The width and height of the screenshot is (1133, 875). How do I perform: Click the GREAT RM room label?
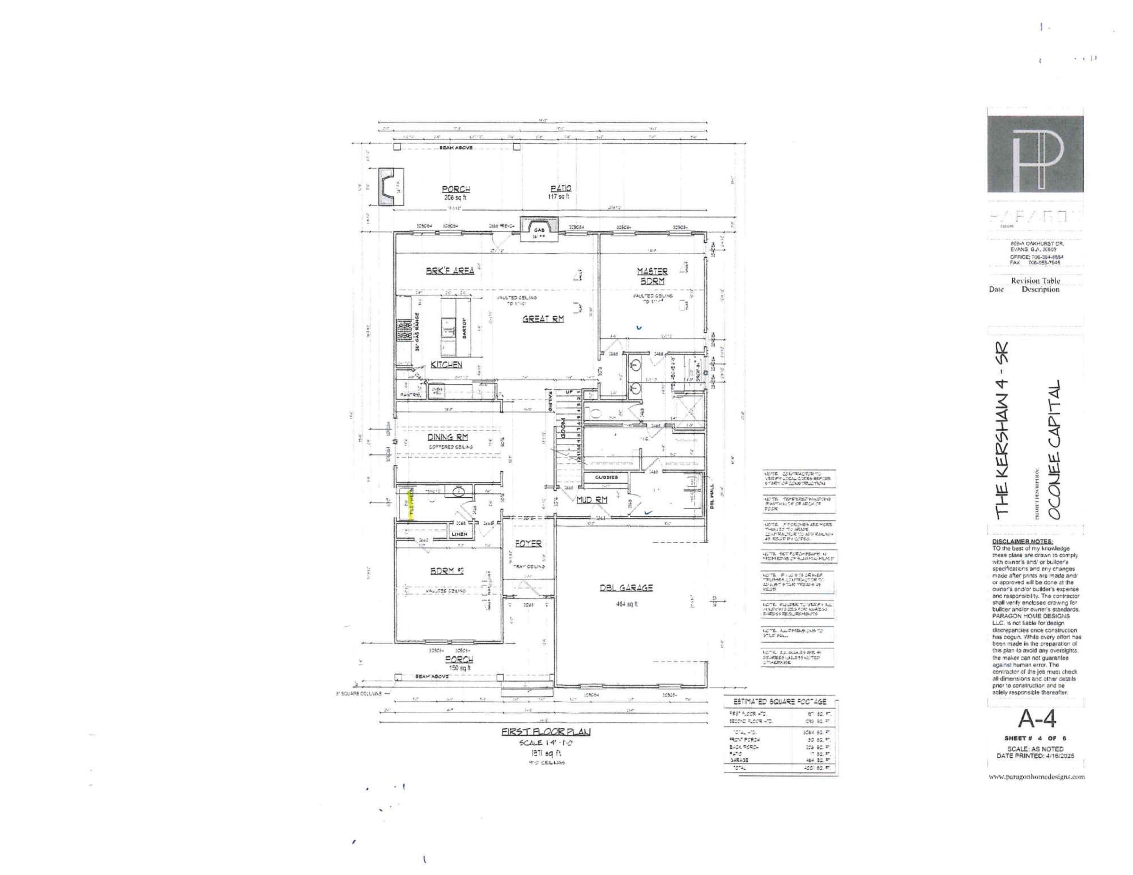(x=543, y=319)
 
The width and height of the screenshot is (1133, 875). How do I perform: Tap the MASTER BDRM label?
(x=652, y=276)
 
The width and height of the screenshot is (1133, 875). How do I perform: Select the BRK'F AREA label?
(x=450, y=271)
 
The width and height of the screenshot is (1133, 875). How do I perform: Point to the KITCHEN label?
(x=446, y=364)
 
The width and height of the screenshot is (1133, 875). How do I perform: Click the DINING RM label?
(x=448, y=437)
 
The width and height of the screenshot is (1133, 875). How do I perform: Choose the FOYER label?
(x=528, y=543)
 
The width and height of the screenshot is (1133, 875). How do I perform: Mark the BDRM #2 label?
(x=447, y=571)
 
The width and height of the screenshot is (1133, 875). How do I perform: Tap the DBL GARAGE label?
(x=626, y=587)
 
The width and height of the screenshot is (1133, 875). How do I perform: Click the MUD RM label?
(x=592, y=499)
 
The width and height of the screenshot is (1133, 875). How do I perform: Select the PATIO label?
(x=561, y=188)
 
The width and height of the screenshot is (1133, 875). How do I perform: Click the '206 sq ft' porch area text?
(x=455, y=198)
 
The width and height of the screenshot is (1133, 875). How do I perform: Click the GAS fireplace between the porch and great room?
(x=539, y=229)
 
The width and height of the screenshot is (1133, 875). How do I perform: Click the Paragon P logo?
(x=1035, y=154)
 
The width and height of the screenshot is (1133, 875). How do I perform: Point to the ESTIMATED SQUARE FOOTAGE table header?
(x=780, y=701)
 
